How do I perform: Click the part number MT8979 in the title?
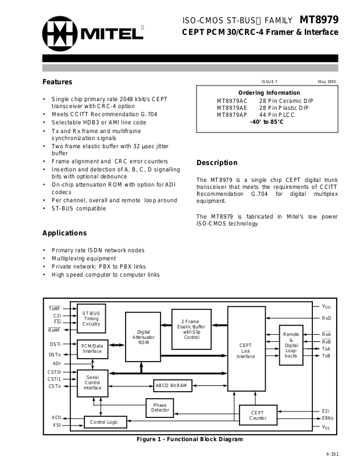click(x=319, y=19)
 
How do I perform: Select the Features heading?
click(x=57, y=82)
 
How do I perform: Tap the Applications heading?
click(x=65, y=233)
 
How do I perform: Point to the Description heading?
click(x=217, y=163)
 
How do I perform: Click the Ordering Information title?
click(x=268, y=93)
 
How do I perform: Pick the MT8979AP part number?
click(x=232, y=115)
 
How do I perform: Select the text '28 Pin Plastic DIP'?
click(x=284, y=108)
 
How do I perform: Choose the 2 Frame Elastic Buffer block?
click(x=191, y=329)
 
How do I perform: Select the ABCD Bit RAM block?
click(x=170, y=385)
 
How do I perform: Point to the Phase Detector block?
click(x=160, y=407)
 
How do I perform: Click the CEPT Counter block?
click(x=258, y=416)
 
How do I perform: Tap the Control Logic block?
click(x=105, y=422)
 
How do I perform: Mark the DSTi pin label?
click(x=55, y=344)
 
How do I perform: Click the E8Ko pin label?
click(x=327, y=417)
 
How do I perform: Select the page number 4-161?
click(x=332, y=454)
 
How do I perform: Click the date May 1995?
click(x=327, y=81)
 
